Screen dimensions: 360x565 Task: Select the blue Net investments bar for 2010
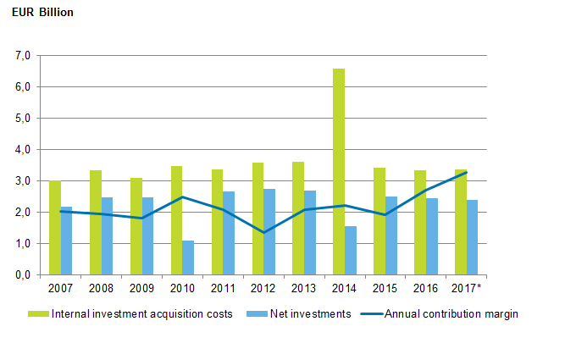pos(188,258)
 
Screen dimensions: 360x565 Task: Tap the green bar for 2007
pos(54,228)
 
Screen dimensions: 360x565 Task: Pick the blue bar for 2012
pos(269,232)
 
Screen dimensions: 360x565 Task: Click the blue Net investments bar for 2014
pos(351,251)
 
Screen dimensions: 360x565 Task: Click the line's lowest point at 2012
pos(263,232)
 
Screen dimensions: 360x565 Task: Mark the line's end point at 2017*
pos(467,172)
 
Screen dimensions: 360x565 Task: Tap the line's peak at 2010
pos(182,197)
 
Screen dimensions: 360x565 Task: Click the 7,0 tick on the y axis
pos(23,56)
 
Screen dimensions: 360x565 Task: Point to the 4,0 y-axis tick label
pos(23,150)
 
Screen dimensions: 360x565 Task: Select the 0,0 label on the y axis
pos(23,275)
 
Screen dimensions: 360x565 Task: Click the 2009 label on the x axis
pos(141,288)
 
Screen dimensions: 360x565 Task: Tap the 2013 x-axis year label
pos(304,288)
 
